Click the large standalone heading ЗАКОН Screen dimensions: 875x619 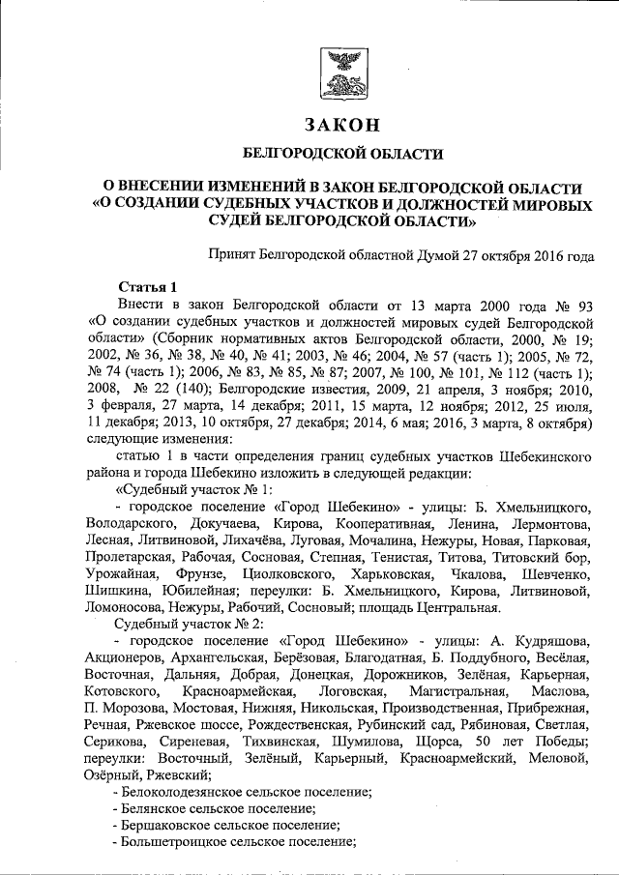(x=340, y=125)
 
